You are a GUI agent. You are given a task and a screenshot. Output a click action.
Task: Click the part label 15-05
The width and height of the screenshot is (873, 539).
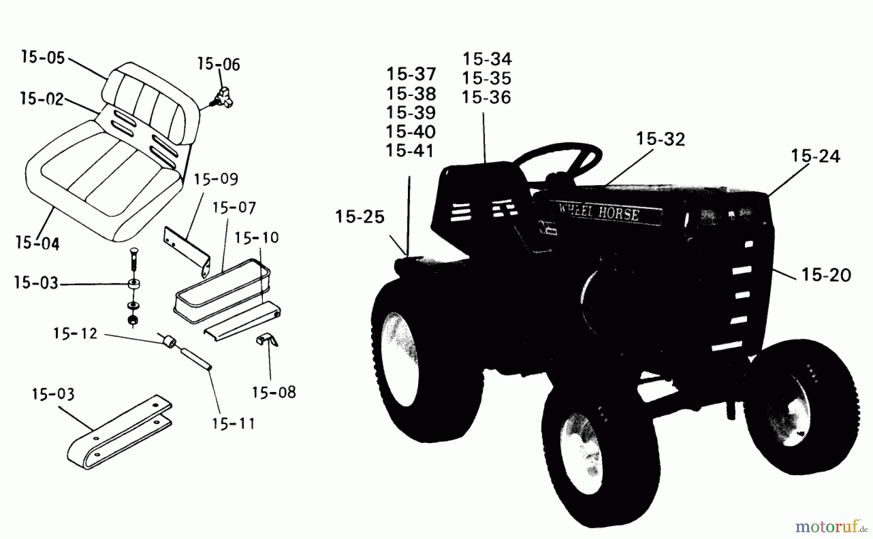pos(43,58)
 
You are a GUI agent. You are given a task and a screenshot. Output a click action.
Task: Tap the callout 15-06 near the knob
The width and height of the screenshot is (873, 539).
pos(218,64)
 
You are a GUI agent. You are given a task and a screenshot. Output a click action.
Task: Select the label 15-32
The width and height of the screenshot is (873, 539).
pos(661,140)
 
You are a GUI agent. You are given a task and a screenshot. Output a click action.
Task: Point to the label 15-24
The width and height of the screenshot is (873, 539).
pos(815,156)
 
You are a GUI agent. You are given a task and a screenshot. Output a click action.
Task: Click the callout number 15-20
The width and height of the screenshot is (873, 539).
pos(826,275)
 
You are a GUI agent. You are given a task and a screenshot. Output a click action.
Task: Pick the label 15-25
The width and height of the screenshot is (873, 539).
pos(359,217)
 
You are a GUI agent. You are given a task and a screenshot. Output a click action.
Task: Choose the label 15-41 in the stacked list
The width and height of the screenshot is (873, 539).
pos(410,151)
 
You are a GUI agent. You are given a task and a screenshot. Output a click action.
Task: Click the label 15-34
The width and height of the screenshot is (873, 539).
pos(487,59)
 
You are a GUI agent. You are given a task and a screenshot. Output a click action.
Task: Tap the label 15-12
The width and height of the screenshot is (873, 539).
pos(75,333)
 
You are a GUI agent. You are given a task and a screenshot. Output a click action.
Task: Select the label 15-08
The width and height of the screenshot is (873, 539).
pos(274,392)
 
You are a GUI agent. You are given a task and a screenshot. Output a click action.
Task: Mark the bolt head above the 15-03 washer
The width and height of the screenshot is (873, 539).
pos(133,252)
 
